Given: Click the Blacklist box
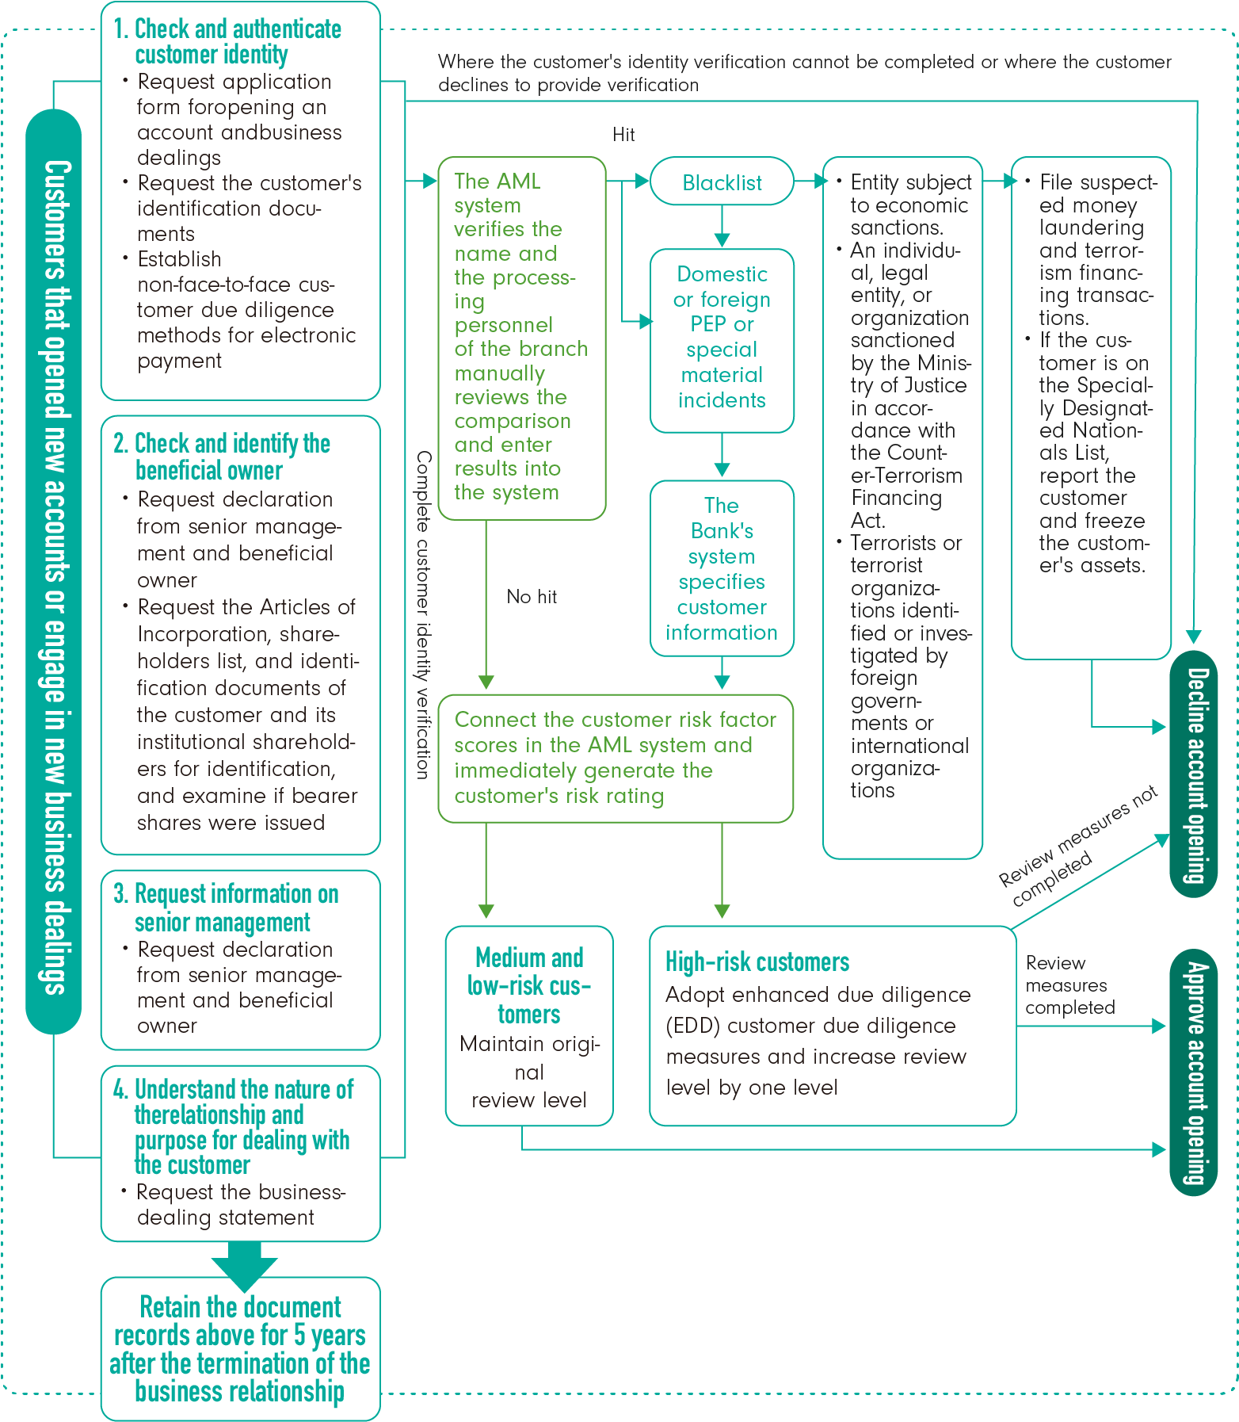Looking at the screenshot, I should [722, 182].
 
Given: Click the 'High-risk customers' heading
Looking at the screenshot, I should [757, 962].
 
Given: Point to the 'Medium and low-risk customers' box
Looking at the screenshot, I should [529, 1025].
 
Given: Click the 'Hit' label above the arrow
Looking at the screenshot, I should [623, 135].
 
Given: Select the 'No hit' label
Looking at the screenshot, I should [532, 597].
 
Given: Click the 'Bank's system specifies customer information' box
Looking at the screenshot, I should [722, 568].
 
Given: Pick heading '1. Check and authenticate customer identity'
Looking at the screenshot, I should [237, 41].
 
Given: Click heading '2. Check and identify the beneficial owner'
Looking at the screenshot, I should [231, 457].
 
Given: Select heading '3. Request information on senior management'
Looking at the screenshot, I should [235, 908].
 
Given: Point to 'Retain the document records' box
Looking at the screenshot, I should [240, 1348].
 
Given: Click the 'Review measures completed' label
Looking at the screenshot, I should [1069, 985].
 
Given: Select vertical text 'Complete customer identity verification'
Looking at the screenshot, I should [424, 614].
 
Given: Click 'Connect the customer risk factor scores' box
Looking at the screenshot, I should [615, 758].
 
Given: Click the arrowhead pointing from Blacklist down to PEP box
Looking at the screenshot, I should [722, 240].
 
